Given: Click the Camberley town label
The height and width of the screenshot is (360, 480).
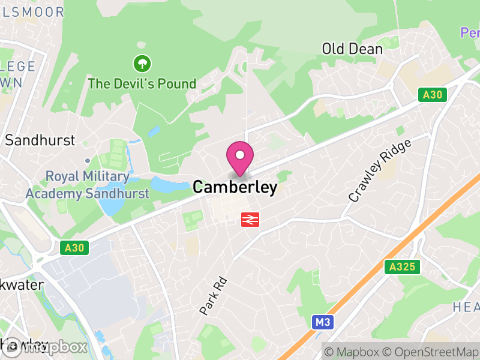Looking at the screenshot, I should [x=235, y=187].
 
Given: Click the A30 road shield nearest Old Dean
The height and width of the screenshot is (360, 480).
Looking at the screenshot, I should [x=432, y=94].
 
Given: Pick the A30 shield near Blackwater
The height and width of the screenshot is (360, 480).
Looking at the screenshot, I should [x=74, y=247].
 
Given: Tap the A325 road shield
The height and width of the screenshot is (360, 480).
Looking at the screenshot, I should [x=402, y=267].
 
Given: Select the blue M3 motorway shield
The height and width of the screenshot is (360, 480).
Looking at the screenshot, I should [x=323, y=323].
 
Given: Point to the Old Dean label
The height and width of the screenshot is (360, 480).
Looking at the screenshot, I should [x=352, y=49].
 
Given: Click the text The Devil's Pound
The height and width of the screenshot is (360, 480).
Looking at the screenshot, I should [x=142, y=83].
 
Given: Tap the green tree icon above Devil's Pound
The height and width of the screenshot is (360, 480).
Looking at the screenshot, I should [x=142, y=62].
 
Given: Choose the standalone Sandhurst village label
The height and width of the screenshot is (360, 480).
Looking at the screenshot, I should [x=40, y=140].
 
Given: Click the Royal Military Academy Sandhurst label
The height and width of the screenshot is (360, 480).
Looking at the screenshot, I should [x=87, y=185].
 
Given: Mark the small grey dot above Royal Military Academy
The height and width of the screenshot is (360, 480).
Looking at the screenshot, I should [x=88, y=161].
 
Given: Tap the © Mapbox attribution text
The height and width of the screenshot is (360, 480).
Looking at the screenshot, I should [x=354, y=352].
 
